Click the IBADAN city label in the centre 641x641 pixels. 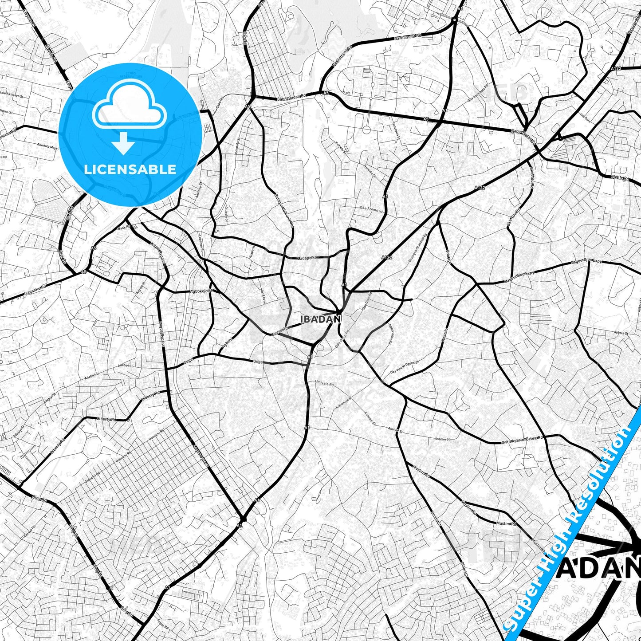tap(320, 319)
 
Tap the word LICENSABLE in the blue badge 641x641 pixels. tap(130, 169)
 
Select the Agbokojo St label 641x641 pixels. tap(202, 291)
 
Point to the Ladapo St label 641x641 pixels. tap(307, 257)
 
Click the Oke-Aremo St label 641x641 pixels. tap(371, 209)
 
